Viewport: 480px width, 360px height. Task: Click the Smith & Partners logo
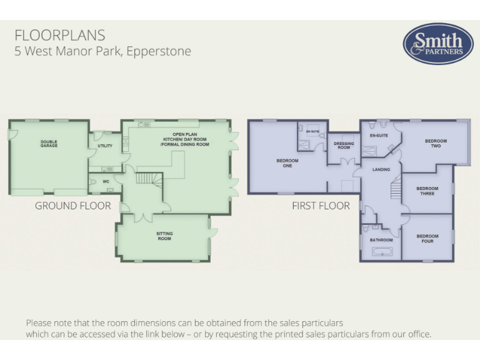pyautogui.click(x=437, y=44)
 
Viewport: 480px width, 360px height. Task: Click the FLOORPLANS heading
pyautogui.click(x=60, y=35)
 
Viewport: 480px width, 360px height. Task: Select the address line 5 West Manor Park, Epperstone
pyautogui.click(x=102, y=51)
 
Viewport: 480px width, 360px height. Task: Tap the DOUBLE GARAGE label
pyautogui.click(x=49, y=144)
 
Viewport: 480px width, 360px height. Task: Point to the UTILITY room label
pyautogui.click(x=105, y=146)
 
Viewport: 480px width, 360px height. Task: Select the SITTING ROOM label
pyautogui.click(x=164, y=236)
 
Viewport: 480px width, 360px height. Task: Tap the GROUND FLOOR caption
pyautogui.click(x=73, y=206)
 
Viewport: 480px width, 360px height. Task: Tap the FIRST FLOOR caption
pyautogui.click(x=321, y=206)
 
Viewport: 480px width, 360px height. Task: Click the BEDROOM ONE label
pyautogui.click(x=287, y=163)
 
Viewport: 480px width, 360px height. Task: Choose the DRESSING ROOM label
pyautogui.click(x=344, y=146)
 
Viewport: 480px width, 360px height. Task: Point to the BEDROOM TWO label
pyautogui.click(x=436, y=143)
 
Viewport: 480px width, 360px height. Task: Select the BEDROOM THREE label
pyautogui.click(x=427, y=191)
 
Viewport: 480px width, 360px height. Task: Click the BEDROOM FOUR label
pyautogui.click(x=427, y=239)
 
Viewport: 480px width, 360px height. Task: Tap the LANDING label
pyautogui.click(x=381, y=169)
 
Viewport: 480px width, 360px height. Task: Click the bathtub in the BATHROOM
pyautogui.click(x=381, y=252)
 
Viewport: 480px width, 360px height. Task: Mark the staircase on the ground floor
pyautogui.click(x=149, y=179)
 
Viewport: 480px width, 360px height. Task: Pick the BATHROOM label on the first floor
pyautogui.click(x=381, y=240)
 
